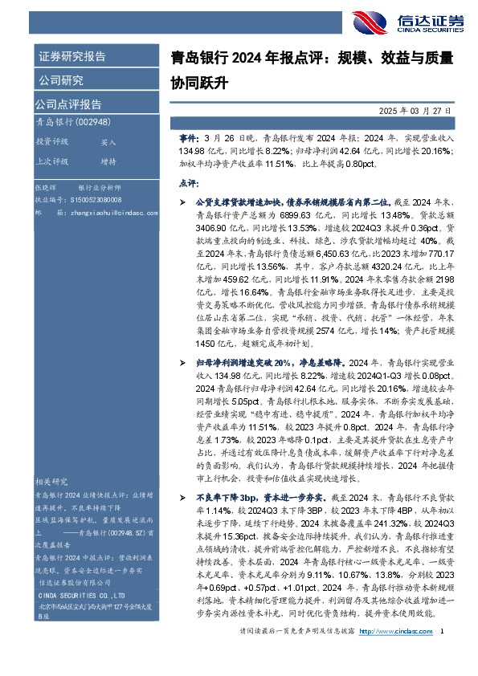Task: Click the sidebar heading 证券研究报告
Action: coord(71,57)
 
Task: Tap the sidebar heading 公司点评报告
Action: coord(67,104)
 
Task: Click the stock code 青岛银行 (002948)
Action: coord(68,122)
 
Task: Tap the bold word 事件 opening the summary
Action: coord(188,138)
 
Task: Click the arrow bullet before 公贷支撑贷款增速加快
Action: coord(183,205)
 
